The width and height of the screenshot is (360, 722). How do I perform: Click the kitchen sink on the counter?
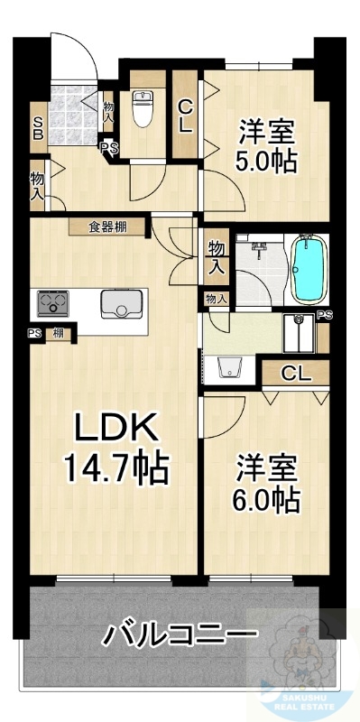click(120, 305)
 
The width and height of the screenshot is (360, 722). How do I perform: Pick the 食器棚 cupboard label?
click(107, 227)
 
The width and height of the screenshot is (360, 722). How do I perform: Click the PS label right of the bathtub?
click(324, 314)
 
